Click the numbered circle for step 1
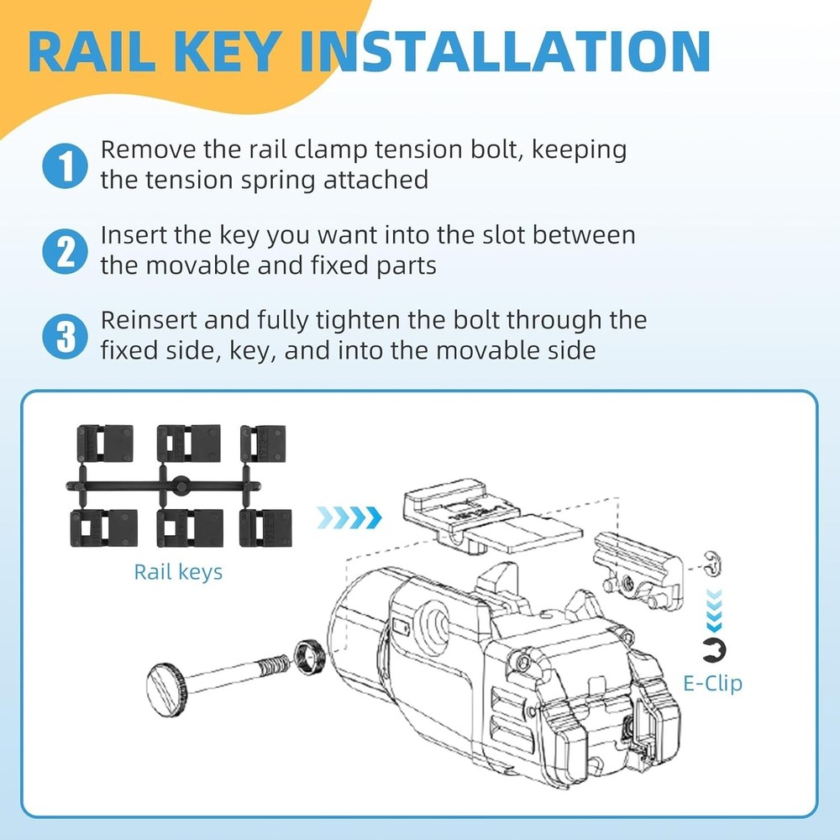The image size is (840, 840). [65, 165]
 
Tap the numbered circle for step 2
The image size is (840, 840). [65, 251]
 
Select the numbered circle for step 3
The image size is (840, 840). [65, 337]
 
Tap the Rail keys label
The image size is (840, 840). [178, 572]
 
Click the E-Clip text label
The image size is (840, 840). [712, 684]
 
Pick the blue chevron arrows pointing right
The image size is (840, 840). [349, 517]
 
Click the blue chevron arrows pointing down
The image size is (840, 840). [714, 610]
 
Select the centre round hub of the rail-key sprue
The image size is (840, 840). [181, 486]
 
